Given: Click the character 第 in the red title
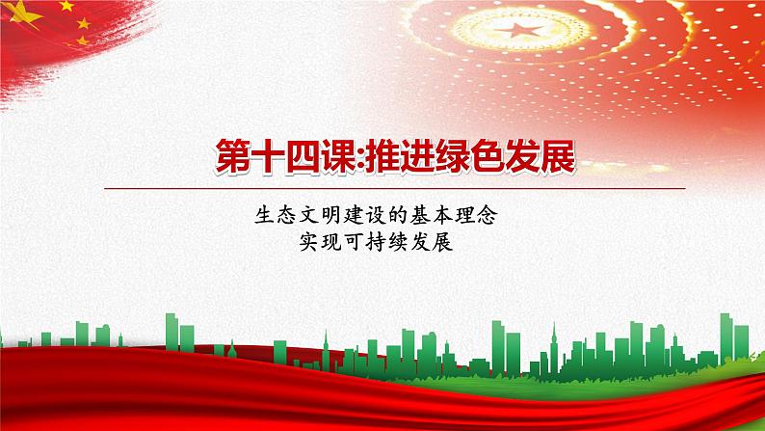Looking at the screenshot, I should click(230, 154).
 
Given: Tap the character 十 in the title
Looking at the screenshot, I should click(272, 154).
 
